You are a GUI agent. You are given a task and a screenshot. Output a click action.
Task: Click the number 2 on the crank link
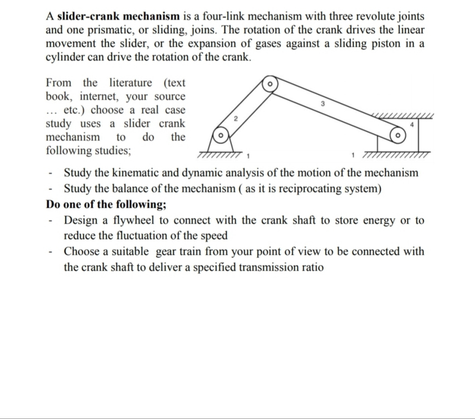coord(235,118)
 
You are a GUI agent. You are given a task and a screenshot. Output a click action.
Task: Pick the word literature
coord(131,83)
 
